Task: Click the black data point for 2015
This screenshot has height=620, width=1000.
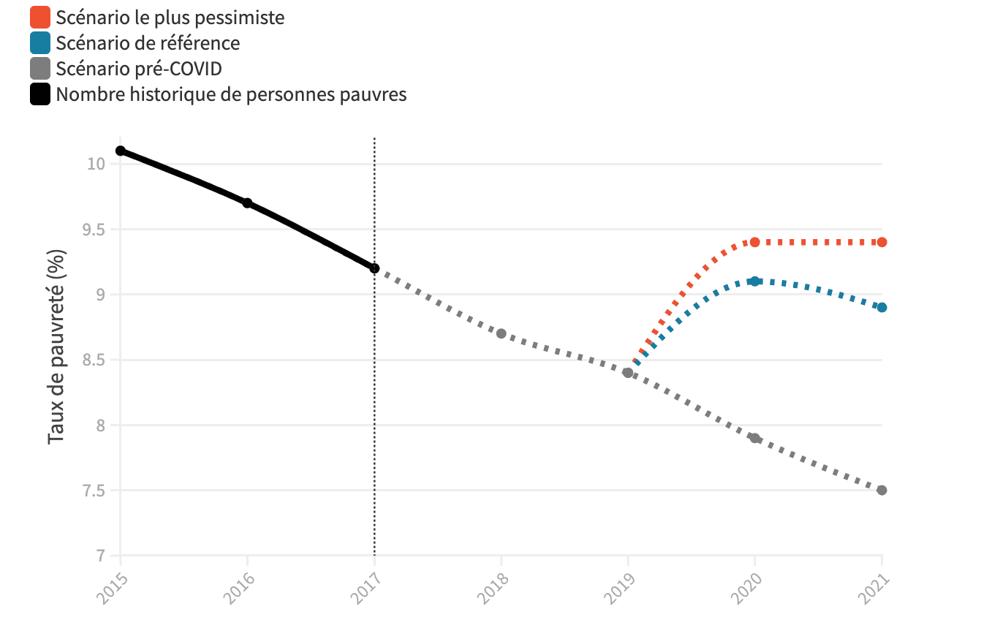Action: [121, 151]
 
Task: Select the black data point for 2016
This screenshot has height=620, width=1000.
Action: [247, 203]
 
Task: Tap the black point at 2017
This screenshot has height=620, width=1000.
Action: [374, 268]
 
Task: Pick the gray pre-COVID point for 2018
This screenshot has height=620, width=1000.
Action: [501, 333]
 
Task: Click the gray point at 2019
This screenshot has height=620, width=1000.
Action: [628, 373]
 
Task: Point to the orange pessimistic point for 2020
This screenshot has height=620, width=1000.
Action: [755, 242]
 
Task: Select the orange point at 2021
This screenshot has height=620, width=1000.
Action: [882, 242]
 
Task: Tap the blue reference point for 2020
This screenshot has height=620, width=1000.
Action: [755, 281]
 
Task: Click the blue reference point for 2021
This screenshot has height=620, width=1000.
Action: [882, 307]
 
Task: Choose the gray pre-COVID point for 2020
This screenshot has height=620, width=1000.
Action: [755, 438]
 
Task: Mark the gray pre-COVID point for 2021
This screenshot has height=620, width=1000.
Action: [882, 490]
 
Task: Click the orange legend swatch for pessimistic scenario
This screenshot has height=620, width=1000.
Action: [40, 17]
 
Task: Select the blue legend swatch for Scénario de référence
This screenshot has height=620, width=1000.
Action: [40, 43]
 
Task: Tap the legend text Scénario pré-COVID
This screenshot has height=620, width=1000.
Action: [138, 69]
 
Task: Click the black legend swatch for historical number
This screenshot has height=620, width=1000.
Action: [40, 94]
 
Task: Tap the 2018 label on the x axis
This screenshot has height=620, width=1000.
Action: [494, 586]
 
